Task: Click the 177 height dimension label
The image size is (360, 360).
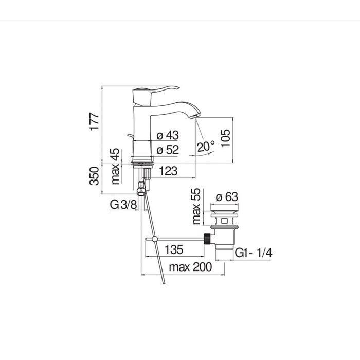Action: (94, 122)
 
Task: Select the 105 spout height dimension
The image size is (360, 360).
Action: (225, 138)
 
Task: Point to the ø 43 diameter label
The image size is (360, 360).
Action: (168, 135)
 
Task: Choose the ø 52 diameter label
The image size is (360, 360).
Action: (168, 150)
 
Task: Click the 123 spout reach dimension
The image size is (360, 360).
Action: (168, 171)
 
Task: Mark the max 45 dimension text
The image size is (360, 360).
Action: (115, 167)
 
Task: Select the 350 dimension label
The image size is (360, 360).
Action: (94, 176)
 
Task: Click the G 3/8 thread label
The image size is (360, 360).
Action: (123, 204)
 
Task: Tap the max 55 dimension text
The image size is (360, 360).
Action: (196, 206)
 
